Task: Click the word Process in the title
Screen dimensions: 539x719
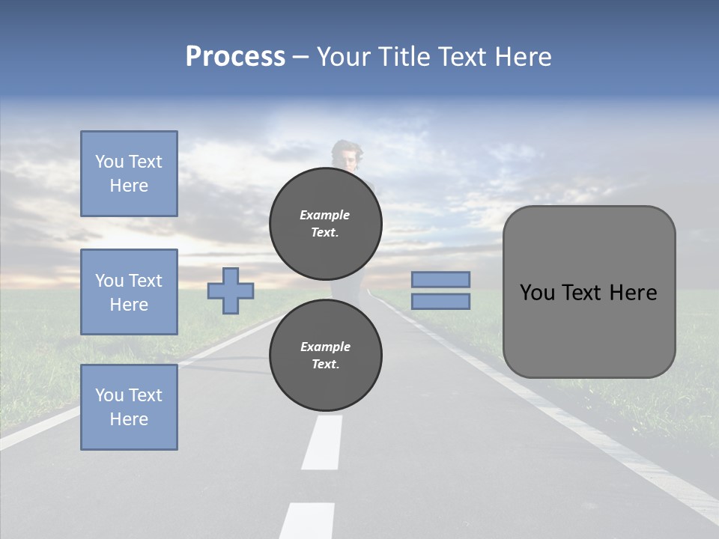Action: pyautogui.click(x=235, y=56)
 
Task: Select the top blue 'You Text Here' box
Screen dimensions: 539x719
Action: pyautogui.click(x=129, y=174)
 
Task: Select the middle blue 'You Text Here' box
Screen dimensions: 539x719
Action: pyautogui.click(x=129, y=292)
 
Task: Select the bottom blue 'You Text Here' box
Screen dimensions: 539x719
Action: pyautogui.click(x=129, y=407)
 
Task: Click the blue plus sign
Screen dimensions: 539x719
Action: pyautogui.click(x=231, y=290)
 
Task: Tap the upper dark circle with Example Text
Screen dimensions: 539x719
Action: pyautogui.click(x=326, y=223)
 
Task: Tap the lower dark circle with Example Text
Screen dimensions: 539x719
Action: pyautogui.click(x=326, y=355)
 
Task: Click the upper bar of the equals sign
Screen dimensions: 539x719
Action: pyautogui.click(x=440, y=279)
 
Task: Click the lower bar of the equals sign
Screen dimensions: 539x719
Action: pyautogui.click(x=440, y=301)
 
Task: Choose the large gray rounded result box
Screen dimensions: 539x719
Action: pyautogui.click(x=589, y=292)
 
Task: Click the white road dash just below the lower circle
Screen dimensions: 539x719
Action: pyautogui.click(x=323, y=442)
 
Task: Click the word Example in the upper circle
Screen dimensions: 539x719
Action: pyautogui.click(x=325, y=215)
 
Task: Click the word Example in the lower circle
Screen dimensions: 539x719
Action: pyautogui.click(x=325, y=347)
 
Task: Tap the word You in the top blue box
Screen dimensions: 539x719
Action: pyautogui.click(x=109, y=162)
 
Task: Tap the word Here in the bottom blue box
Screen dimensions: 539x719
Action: pyautogui.click(x=129, y=419)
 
